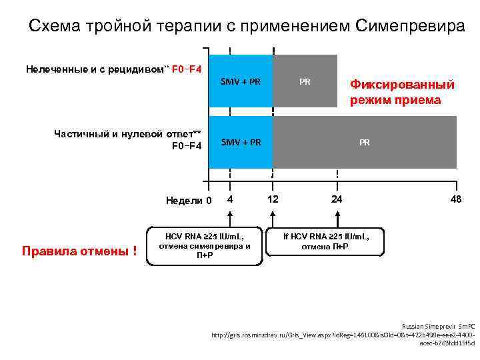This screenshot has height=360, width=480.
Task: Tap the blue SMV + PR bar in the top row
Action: click(x=241, y=81)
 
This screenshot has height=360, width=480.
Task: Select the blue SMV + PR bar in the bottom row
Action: click(x=241, y=142)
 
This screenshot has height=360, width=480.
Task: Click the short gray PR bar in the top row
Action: click(x=305, y=81)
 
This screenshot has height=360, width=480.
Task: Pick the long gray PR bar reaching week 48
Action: click(x=365, y=142)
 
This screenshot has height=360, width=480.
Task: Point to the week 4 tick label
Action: click(x=229, y=199)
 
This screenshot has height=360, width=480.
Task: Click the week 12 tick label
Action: click(x=273, y=199)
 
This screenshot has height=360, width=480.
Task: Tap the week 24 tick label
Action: click(x=337, y=199)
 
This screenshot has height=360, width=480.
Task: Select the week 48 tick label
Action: click(x=455, y=199)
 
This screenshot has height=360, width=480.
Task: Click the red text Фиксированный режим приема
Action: click(x=403, y=92)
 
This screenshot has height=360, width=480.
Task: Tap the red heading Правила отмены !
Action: click(x=79, y=251)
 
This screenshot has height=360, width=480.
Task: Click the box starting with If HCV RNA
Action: click(x=325, y=241)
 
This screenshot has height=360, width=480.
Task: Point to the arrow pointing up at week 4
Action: click(x=229, y=217)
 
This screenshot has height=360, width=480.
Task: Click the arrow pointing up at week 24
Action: click(x=337, y=217)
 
